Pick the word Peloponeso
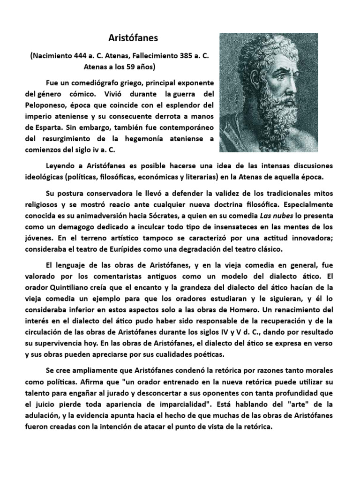point(46,105)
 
